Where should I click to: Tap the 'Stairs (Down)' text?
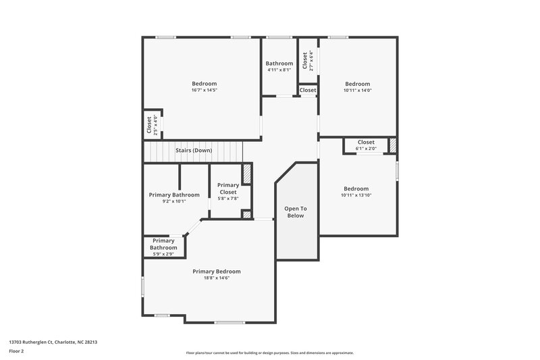pyautogui.click(x=194, y=150)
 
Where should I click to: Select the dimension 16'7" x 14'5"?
pyautogui.click(x=204, y=90)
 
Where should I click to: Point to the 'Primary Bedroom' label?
pyautogui.click(x=216, y=271)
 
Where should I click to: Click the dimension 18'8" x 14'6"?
pyautogui.click(x=216, y=278)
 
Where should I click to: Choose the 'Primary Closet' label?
pyautogui.click(x=228, y=188)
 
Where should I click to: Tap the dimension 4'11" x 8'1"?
pyautogui.click(x=279, y=70)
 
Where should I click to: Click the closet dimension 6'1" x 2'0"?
pyautogui.click(x=366, y=149)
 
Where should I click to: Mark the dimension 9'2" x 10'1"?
pyautogui.click(x=173, y=201)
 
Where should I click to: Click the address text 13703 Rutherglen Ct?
pyautogui.click(x=53, y=342)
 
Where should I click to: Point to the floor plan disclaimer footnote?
pyautogui.click(x=269, y=353)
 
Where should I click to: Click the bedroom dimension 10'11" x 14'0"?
pyautogui.click(x=357, y=90)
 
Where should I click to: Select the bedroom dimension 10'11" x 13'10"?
pyautogui.click(x=356, y=195)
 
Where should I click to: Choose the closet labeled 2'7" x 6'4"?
pyautogui.click(x=307, y=61)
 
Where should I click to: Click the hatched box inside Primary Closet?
pyautogui.click(x=247, y=174)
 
